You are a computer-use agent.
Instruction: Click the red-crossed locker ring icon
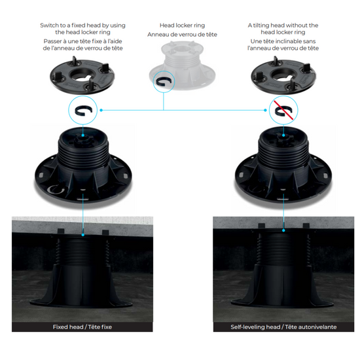(x=283, y=111)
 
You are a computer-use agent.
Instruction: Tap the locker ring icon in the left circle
(x=84, y=111)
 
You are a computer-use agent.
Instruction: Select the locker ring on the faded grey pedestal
(x=164, y=82)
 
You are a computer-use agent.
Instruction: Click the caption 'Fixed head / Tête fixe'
(x=82, y=327)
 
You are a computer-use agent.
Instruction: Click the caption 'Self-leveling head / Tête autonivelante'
(x=283, y=327)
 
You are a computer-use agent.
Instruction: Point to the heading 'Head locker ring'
(x=182, y=26)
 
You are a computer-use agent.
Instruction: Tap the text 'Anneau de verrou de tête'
(x=182, y=35)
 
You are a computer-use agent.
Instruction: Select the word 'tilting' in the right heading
(x=261, y=26)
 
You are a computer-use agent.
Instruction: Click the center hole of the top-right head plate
(x=283, y=75)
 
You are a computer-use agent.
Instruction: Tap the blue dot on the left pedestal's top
(x=83, y=135)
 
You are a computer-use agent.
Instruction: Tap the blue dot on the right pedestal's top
(x=283, y=135)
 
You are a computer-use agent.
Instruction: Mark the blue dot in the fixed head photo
(x=83, y=235)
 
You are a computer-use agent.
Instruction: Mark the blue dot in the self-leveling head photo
(x=283, y=230)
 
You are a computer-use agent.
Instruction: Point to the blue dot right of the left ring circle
(x=101, y=111)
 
